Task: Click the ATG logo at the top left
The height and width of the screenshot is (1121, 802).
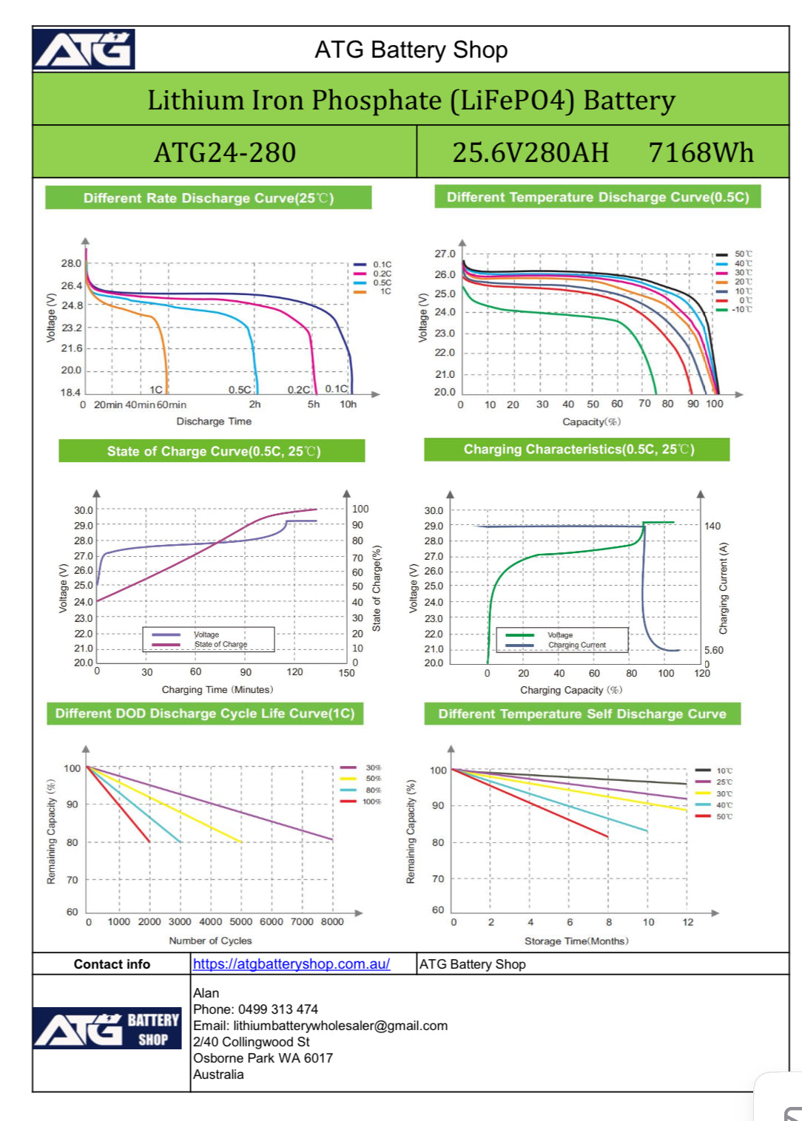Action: (84, 50)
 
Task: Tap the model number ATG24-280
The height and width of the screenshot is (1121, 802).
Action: (225, 152)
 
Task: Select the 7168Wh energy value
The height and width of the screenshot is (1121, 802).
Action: (701, 152)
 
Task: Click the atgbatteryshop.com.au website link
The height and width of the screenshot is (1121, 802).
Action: (292, 963)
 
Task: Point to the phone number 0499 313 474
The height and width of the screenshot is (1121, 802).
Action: (277, 1009)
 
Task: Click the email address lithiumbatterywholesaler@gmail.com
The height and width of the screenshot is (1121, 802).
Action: (340, 1026)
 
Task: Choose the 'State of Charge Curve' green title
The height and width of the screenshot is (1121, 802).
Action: (212, 451)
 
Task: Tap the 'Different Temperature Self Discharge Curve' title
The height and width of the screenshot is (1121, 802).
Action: (582, 714)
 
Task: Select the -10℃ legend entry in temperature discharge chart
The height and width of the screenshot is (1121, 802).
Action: (742, 309)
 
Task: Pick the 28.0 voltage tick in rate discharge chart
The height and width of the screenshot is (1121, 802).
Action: (71, 263)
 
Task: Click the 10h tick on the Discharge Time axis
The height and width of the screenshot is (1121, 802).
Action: (348, 404)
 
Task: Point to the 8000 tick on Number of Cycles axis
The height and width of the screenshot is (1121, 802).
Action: (332, 921)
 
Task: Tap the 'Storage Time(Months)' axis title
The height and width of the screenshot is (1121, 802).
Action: (576, 941)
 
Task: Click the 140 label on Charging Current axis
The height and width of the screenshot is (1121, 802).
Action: (712, 526)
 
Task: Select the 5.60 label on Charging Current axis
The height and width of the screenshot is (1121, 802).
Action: (713, 650)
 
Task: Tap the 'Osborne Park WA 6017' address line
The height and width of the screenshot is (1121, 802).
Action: (263, 1058)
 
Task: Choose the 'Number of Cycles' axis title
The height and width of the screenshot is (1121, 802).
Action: (210, 941)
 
